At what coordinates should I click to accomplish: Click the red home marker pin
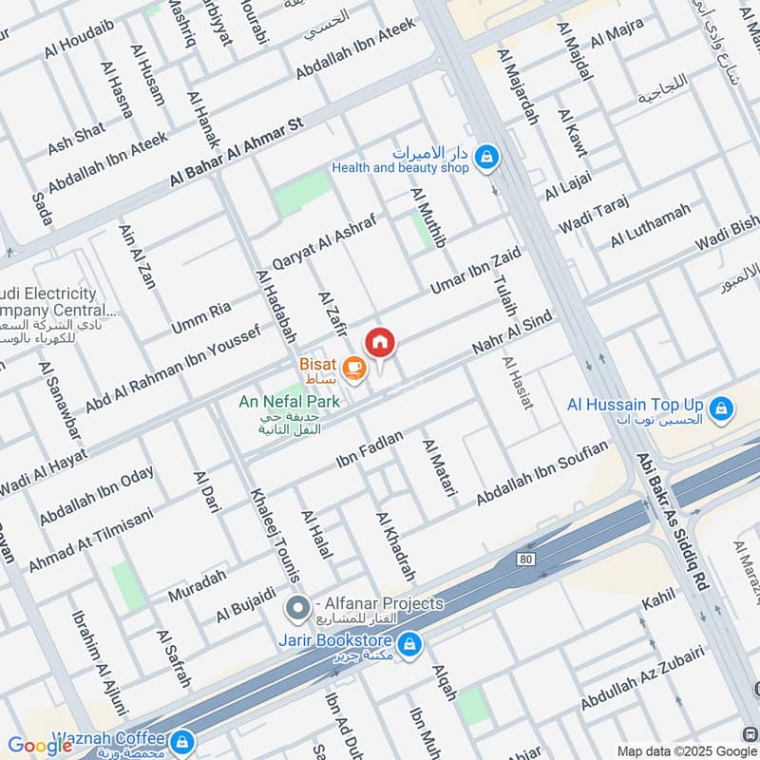click(380, 342)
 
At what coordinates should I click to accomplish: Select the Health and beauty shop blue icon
click(486, 157)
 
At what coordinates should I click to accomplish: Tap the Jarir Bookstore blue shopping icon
click(409, 645)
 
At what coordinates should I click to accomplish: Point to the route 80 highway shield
click(525, 559)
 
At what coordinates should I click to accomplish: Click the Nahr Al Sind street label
click(512, 333)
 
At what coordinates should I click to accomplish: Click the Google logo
click(40, 745)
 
